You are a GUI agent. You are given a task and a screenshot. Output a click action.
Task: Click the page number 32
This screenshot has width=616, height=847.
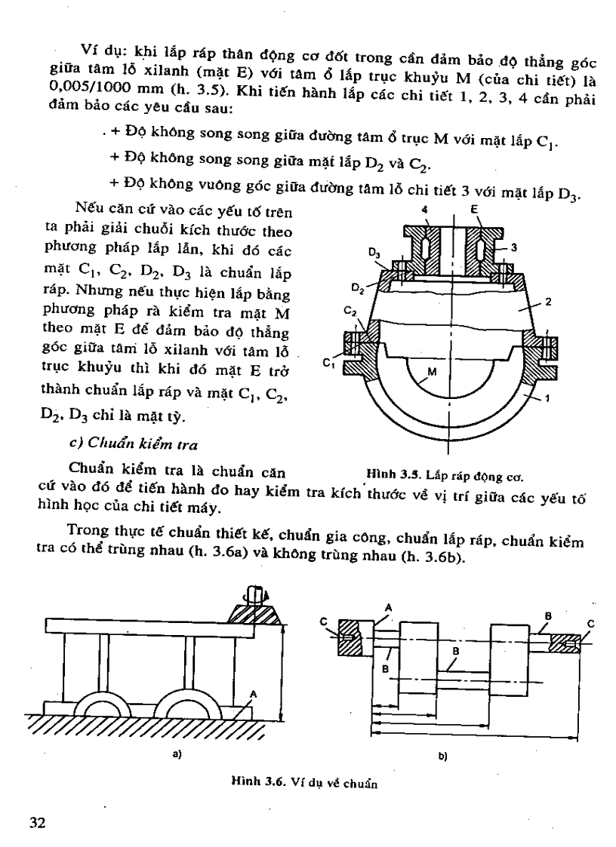[37, 821]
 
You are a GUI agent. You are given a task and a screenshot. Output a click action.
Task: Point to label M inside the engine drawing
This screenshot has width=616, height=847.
[432, 372]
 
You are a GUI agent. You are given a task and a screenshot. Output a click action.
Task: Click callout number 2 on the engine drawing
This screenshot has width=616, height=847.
[549, 302]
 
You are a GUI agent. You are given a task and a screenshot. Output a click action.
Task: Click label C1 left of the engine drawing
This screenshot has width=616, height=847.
[328, 364]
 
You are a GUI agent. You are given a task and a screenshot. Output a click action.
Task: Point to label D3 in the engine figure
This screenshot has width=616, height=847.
[374, 256]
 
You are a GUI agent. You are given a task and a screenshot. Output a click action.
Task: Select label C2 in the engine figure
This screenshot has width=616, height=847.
[350, 311]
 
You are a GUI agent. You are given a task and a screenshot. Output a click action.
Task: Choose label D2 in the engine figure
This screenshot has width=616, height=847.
[359, 287]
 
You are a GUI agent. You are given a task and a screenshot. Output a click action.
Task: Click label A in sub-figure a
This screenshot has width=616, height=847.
[253, 692]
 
